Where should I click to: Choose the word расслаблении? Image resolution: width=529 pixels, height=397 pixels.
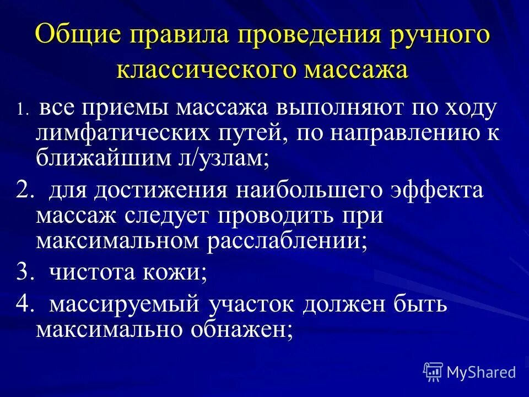(287, 242)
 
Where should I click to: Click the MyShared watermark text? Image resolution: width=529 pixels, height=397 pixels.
(482, 372)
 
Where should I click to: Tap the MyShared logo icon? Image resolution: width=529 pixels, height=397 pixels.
(433, 372)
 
